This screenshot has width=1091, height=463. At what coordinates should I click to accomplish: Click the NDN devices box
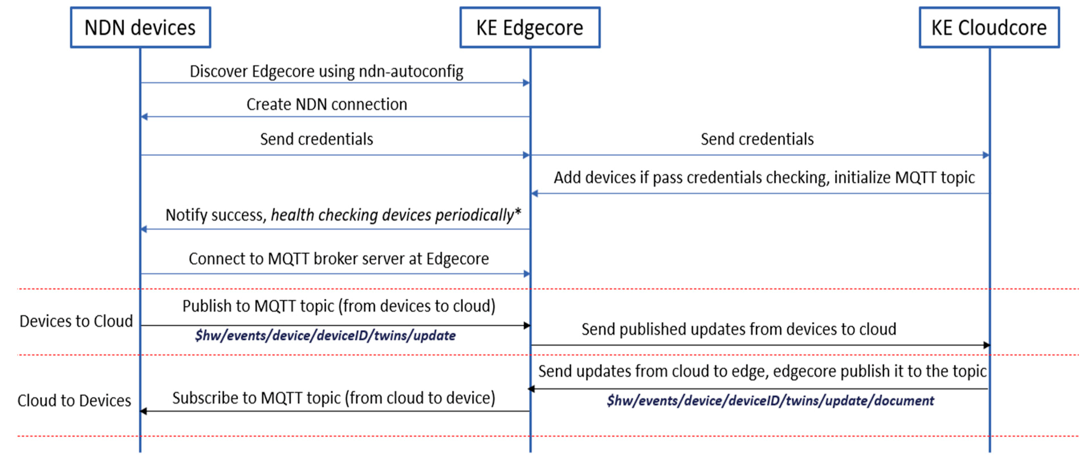(x=140, y=28)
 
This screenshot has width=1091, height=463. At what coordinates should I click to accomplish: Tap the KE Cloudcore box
(x=989, y=28)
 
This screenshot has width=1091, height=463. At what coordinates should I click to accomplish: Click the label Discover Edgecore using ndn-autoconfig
(x=326, y=71)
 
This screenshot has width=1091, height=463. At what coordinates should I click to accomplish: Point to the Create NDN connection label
(x=327, y=104)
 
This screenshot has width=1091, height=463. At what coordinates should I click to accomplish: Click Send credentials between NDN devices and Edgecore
(x=316, y=139)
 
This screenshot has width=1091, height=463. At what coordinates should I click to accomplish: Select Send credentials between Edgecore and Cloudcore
(x=757, y=139)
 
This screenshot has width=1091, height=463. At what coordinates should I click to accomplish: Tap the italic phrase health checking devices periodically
(x=392, y=215)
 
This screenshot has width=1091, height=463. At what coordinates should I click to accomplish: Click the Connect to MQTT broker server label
(x=338, y=259)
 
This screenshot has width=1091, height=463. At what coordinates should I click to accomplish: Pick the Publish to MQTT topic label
(x=338, y=306)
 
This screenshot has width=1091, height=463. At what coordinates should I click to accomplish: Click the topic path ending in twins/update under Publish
(x=325, y=336)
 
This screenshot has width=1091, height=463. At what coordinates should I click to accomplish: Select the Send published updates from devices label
(x=739, y=329)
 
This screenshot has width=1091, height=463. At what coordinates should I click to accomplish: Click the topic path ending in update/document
(x=770, y=401)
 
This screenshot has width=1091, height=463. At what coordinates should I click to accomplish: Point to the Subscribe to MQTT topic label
(x=333, y=398)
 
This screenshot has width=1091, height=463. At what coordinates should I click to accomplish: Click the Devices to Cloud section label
(x=76, y=321)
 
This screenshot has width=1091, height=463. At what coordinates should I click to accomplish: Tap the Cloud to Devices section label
(x=74, y=401)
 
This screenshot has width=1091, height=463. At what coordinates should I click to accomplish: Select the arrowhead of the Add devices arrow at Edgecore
(x=535, y=193)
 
